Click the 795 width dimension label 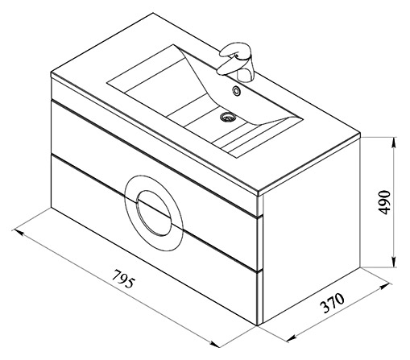(x=122, y=279)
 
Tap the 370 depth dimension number (x=332, y=303)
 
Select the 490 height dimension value (x=385, y=202)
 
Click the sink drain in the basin (x=228, y=117)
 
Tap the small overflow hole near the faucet (x=237, y=90)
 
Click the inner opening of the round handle (x=154, y=213)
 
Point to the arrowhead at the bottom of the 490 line (x=394, y=262)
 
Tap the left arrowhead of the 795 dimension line (x=17, y=232)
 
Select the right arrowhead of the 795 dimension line (x=215, y=344)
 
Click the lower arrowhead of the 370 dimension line (x=291, y=339)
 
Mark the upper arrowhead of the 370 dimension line (x=385, y=285)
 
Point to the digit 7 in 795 (x=116, y=274)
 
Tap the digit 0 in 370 (x=339, y=298)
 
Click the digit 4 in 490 (x=385, y=211)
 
